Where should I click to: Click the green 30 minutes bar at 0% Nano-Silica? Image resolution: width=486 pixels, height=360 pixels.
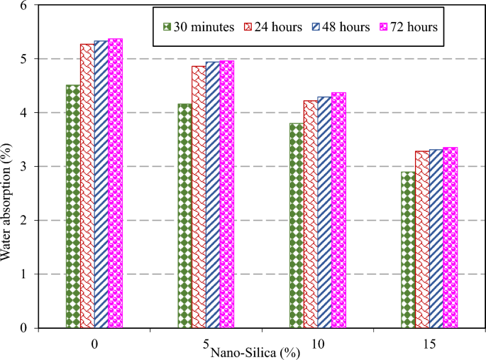[72, 206]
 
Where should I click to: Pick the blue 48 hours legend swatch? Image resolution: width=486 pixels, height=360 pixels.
[317, 27]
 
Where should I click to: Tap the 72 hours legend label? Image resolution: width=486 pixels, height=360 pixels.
[412, 27]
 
